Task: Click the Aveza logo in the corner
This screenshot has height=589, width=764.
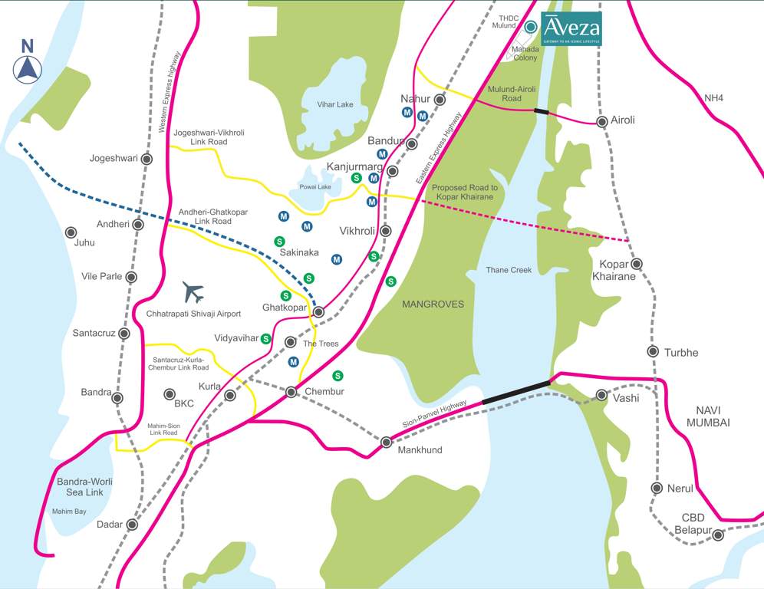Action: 571,28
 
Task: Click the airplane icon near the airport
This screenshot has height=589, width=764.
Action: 193,292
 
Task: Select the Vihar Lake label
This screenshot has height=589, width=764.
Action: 335,104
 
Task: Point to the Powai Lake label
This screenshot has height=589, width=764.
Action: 315,186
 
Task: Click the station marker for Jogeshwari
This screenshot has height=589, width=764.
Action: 147,159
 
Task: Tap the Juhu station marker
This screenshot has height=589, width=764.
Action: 71,232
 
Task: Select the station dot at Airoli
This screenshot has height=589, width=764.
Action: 602,121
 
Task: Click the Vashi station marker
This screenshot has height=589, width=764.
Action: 602,396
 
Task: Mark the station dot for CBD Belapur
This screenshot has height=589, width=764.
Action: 717,535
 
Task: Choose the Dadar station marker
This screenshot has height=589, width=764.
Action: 132,525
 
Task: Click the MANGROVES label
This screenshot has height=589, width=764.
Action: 433,304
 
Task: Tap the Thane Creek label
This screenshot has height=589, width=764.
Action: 509,270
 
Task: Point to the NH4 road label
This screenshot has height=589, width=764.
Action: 714,97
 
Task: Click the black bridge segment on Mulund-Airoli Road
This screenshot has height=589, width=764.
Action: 542,112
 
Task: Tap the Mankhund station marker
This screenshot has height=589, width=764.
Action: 387,442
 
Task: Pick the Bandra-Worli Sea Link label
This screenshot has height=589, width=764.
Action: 84,487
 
